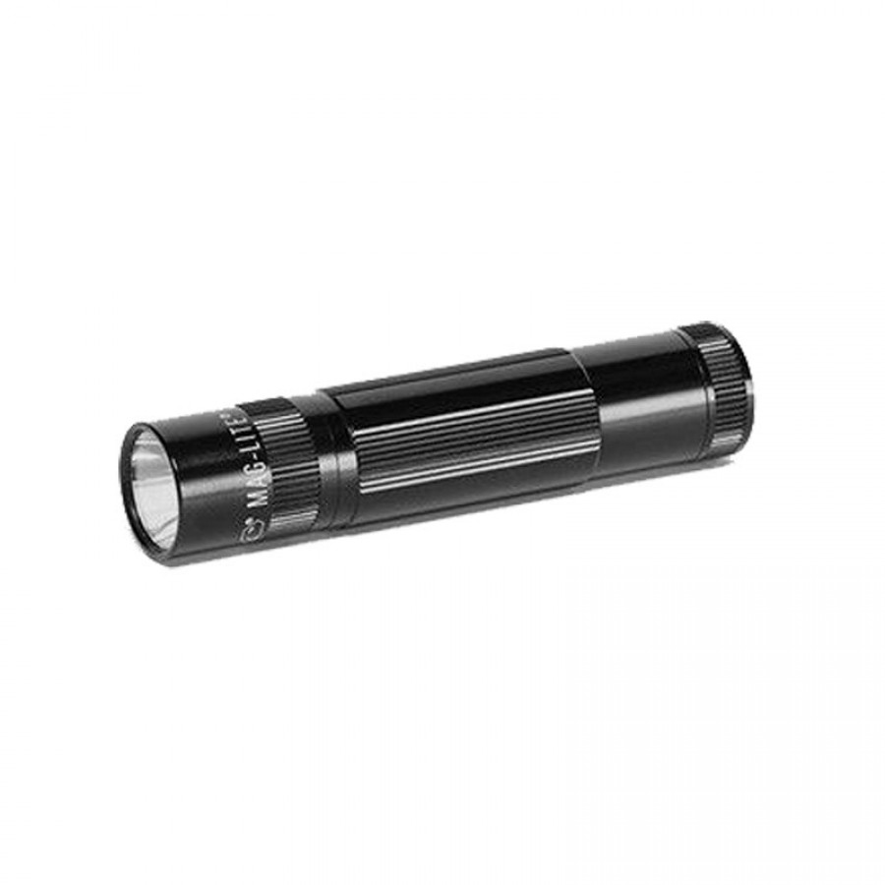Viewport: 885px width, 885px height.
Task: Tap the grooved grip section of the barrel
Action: coord(462,433)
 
